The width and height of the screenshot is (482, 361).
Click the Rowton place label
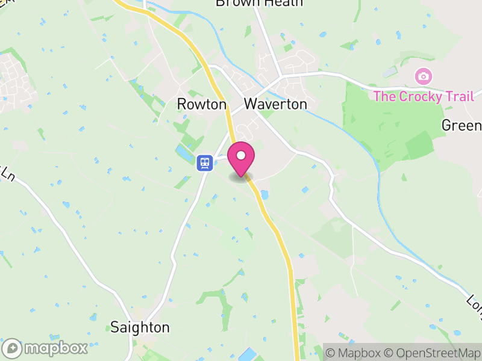tap(201, 104)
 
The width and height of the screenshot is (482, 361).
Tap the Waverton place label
tap(275, 104)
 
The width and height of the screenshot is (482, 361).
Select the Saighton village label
tap(140, 327)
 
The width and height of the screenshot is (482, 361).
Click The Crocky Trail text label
tap(423, 96)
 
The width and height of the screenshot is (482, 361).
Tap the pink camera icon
tap(424, 76)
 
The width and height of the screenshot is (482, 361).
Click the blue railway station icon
tap(205, 162)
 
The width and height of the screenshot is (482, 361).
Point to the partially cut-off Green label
tap(462, 125)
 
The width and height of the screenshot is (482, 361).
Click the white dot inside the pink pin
tap(241, 155)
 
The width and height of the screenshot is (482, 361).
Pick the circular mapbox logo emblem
tap(12, 348)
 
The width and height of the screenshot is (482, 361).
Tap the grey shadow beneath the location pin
tap(241, 177)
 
